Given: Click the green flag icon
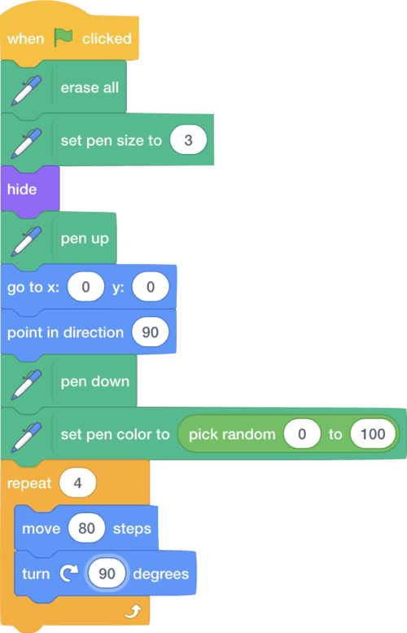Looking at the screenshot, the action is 63,37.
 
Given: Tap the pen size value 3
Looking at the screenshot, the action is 188,140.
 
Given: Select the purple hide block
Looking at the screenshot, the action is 30,189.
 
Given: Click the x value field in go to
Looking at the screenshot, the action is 85,287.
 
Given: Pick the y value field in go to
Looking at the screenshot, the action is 151,287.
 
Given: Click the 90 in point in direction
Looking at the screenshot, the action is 150,332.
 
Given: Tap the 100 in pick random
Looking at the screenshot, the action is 373,434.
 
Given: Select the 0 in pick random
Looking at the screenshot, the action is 302,434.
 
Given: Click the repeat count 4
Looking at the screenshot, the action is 78,483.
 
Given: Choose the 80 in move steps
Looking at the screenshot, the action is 87,528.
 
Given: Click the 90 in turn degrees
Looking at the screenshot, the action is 107,574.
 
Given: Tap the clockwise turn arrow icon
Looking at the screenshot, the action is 69,574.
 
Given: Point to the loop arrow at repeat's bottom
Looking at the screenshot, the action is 133,611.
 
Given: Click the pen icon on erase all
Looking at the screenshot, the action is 26,90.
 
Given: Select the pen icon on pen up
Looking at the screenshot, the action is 26,241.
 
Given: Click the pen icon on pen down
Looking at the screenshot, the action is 26,385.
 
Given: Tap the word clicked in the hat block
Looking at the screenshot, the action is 107,38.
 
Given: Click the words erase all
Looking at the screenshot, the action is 90,87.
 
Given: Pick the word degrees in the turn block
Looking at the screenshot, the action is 161,574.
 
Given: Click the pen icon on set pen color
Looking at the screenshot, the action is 26,437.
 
